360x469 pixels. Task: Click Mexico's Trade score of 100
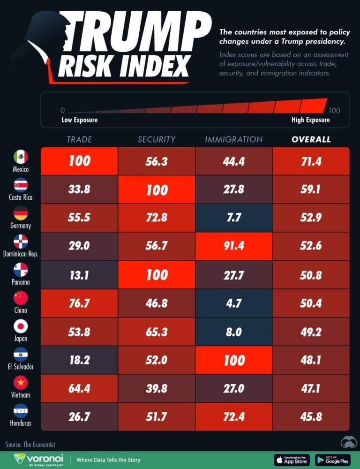79,161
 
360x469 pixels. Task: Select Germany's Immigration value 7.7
233,218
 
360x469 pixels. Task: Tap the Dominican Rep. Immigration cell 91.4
233,246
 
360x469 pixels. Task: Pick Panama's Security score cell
156,275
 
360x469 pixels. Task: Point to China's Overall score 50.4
311,303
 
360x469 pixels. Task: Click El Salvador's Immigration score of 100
233,360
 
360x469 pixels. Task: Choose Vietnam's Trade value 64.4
79,388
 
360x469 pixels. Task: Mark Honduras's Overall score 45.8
311,416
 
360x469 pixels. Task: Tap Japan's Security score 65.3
156,331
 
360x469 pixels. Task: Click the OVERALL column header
311,139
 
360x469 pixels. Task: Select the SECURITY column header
156,139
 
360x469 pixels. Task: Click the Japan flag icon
21,326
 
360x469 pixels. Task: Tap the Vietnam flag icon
21,383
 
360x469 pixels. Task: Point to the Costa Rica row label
21,197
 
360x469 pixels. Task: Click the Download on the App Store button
291,459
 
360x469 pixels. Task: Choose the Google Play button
333,459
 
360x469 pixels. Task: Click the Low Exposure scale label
79,120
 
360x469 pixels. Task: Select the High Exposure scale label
310,120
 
